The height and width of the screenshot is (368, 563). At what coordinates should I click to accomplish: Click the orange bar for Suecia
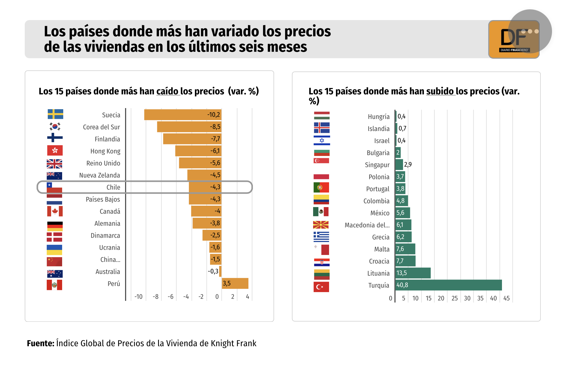pyautogui.click(x=183, y=115)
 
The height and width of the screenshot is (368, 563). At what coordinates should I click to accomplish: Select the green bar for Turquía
pyautogui.click(x=448, y=285)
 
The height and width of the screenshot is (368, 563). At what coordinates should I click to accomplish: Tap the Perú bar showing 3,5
pyautogui.click(x=235, y=284)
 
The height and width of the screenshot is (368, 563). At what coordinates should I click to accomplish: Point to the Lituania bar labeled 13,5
pyautogui.click(x=413, y=273)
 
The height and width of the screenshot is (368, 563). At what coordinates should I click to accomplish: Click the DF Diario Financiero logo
pyautogui.click(x=514, y=39)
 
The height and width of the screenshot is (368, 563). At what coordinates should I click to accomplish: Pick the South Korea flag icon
pyautogui.click(x=55, y=127)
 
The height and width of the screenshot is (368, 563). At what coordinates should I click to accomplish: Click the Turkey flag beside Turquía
pyautogui.click(x=321, y=287)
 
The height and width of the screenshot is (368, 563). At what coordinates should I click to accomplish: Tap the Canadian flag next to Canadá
pyautogui.click(x=55, y=211)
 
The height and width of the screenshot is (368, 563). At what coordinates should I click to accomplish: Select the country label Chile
pyautogui.click(x=113, y=187)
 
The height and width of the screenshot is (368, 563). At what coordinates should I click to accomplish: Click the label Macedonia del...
pyautogui.click(x=367, y=225)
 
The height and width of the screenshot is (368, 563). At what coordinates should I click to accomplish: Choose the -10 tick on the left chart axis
pyautogui.click(x=138, y=297)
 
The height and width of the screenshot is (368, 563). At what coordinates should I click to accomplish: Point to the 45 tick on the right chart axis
pyautogui.click(x=506, y=298)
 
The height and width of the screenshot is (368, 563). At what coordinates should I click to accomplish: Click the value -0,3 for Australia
pyautogui.click(x=213, y=271)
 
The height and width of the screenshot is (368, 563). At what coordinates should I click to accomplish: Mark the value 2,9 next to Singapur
pyautogui.click(x=408, y=164)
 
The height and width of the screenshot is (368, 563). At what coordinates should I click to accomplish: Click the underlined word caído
pyautogui.click(x=167, y=91)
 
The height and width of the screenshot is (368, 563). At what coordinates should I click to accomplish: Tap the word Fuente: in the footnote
pyautogui.click(x=41, y=343)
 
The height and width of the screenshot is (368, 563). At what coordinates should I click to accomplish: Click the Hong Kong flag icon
pyautogui.click(x=55, y=150)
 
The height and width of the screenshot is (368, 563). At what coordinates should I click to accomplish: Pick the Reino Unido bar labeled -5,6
pyautogui.click(x=200, y=163)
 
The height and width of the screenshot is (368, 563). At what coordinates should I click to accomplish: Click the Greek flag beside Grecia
pyautogui.click(x=321, y=237)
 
